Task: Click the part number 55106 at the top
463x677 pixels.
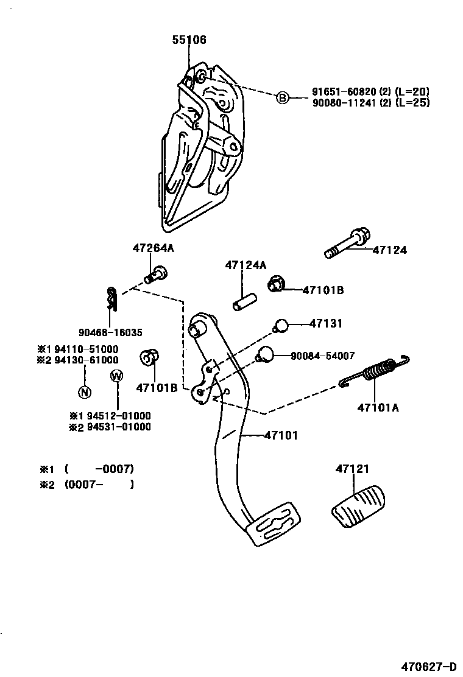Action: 189,40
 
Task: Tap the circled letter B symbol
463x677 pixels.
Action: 282,97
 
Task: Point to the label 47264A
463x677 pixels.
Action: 153,248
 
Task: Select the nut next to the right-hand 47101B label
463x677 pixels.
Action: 276,284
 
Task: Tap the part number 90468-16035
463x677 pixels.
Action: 110,332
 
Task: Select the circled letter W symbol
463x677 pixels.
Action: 116,376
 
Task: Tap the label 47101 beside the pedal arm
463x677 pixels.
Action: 281,435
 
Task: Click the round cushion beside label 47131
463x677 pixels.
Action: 281,326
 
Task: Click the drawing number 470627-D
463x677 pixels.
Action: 428,665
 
